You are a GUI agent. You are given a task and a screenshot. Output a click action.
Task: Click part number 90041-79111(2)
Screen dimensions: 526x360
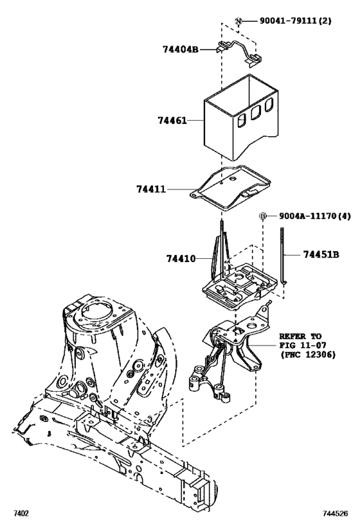point(296,21)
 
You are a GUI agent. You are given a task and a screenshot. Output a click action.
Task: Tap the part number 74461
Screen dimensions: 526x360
point(170,119)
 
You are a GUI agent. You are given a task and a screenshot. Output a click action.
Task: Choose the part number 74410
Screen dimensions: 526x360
point(181,258)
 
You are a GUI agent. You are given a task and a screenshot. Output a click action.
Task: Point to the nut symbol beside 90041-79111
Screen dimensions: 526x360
point(238,22)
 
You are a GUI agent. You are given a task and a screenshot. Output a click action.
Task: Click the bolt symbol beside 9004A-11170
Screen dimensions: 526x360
point(263,216)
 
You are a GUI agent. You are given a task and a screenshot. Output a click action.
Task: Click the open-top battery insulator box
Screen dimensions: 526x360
point(241,119)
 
